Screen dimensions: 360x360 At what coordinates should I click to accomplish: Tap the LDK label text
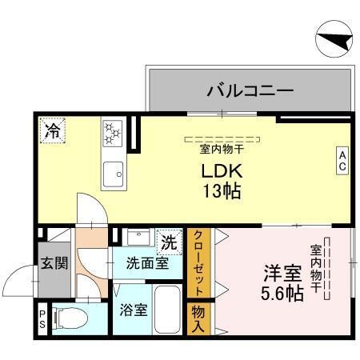pyautogui.click(x=222, y=171)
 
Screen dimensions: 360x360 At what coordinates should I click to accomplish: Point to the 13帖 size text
pyautogui.click(x=222, y=192)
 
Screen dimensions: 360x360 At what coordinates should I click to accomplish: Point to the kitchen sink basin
pyautogui.click(x=113, y=170)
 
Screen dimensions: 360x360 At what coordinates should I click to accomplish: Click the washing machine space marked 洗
pyautogui.click(x=169, y=240)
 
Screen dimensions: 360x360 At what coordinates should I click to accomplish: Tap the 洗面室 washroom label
pyautogui.click(x=146, y=262)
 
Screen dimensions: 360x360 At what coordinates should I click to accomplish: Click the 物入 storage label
pyautogui.click(x=198, y=318)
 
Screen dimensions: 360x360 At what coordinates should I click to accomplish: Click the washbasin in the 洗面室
pyautogui.click(x=139, y=237)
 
